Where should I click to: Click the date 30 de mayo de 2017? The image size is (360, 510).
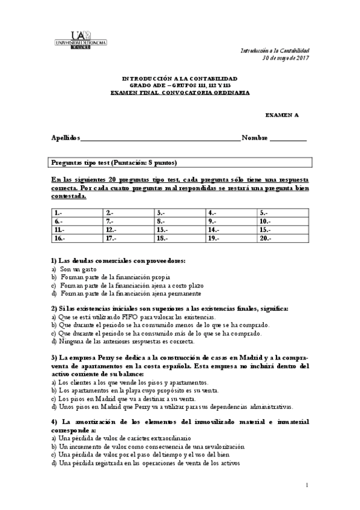click(x=286, y=58)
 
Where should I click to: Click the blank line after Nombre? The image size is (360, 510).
click(x=288, y=138)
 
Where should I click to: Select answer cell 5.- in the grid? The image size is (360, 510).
click(x=283, y=213)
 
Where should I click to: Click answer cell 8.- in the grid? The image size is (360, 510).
click(x=180, y=221)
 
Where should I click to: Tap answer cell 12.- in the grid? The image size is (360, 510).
click(x=128, y=230)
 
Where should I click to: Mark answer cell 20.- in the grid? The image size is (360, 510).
click(x=283, y=238)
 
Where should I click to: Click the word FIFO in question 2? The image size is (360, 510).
click(x=130, y=316)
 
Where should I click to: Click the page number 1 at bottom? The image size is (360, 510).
click(x=307, y=485)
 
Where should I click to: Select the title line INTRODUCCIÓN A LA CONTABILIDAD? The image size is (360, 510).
click(x=180, y=78)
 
